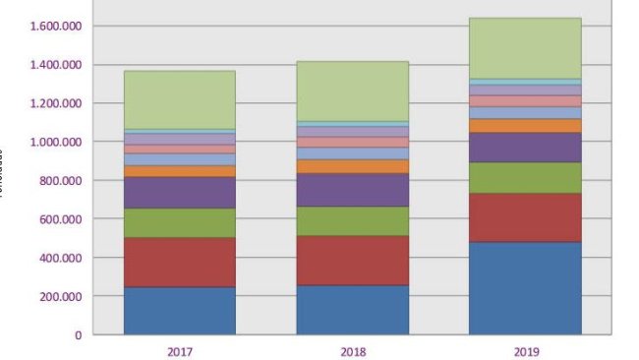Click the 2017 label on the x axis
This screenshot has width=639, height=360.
pos(179,351)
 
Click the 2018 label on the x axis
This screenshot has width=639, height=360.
pos(352,351)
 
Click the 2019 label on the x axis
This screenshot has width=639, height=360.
pos(525,351)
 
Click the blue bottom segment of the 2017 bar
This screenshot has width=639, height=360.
pos(179,311)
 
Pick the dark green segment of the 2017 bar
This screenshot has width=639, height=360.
pos(179,223)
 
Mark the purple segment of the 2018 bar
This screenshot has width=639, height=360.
pos(352,190)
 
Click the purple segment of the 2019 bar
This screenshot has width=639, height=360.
pos(525,148)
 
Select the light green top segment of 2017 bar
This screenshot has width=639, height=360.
pos(179,99)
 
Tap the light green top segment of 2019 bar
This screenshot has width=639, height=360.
pos(525,48)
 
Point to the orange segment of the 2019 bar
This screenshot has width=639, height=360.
pos(525,126)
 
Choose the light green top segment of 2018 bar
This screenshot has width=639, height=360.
pos(352,91)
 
